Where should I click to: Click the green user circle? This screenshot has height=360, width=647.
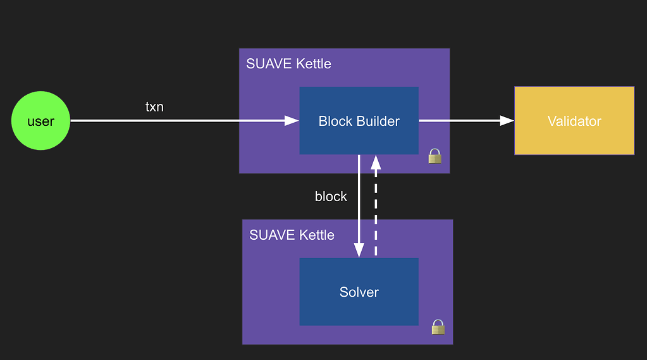pyautogui.click(x=40, y=121)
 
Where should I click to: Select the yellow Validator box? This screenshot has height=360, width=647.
pyautogui.click(x=574, y=121)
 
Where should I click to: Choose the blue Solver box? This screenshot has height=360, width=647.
pyautogui.click(x=359, y=292)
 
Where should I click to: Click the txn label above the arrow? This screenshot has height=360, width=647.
pyautogui.click(x=154, y=107)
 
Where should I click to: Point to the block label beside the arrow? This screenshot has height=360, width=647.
pyautogui.click(x=331, y=197)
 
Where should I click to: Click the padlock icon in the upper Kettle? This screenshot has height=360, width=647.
pyautogui.click(x=434, y=156)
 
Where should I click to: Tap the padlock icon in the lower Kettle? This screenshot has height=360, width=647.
pyautogui.click(x=438, y=326)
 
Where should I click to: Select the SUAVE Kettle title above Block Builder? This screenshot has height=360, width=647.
pyautogui.click(x=288, y=64)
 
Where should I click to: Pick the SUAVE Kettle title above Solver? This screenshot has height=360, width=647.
pyautogui.click(x=292, y=235)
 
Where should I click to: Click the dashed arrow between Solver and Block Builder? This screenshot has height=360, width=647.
pyautogui.click(x=376, y=209)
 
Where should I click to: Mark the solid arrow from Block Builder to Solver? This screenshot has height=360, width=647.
pyautogui.click(x=359, y=202)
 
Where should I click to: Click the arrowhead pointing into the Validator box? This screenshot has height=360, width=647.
pyautogui.click(x=507, y=121)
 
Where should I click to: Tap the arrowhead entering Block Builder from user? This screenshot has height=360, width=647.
pyautogui.click(x=292, y=121)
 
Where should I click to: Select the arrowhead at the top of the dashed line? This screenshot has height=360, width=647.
pyautogui.click(x=376, y=162)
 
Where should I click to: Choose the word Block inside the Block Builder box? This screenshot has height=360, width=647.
pyautogui.click(x=335, y=121)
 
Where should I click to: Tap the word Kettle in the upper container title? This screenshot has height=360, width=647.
pyautogui.click(x=312, y=64)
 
